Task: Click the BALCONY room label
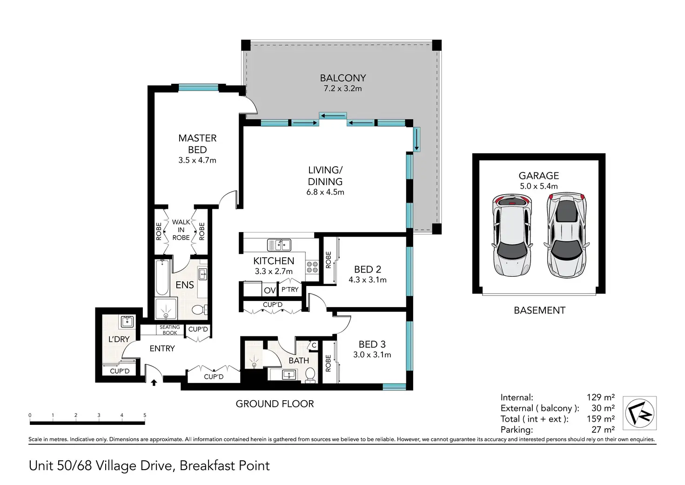343,78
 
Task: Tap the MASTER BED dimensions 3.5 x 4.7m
197,160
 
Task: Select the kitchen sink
279,245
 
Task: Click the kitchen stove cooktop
312,266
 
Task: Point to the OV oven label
270,290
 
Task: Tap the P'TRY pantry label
290,289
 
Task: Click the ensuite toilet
200,310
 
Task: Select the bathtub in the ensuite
162,277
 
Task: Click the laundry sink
127,321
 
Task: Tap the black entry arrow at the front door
154,383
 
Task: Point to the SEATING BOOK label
170,330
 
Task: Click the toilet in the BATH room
310,375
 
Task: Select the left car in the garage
511,235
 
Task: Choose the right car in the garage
567,235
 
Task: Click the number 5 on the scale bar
145,415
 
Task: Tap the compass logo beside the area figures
639,413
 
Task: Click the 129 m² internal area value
601,397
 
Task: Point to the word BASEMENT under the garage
539,310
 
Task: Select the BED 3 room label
372,344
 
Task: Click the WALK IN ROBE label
181,230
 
